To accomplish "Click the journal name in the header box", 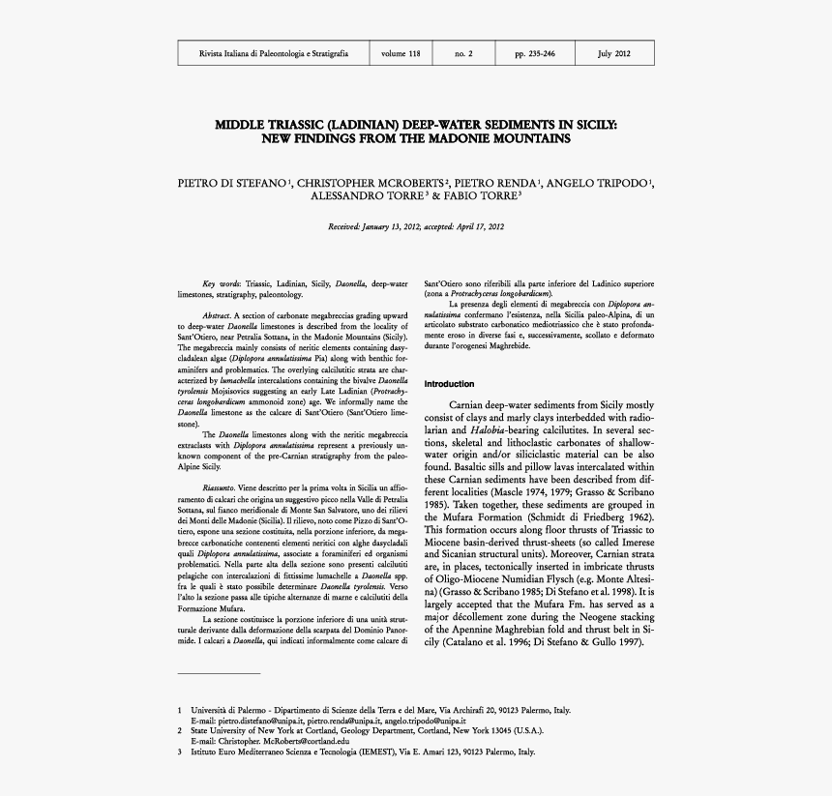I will (273, 54).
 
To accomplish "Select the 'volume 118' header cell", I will (401, 54).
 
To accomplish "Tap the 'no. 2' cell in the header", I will (463, 54).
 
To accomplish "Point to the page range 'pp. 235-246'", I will (534, 54).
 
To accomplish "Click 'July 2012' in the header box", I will (614, 54).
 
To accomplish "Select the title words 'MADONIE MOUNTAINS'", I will (500, 139).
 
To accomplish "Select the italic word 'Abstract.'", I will (218, 317).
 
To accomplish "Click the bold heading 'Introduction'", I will (450, 384).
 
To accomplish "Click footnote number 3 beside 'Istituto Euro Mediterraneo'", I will (180, 752).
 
